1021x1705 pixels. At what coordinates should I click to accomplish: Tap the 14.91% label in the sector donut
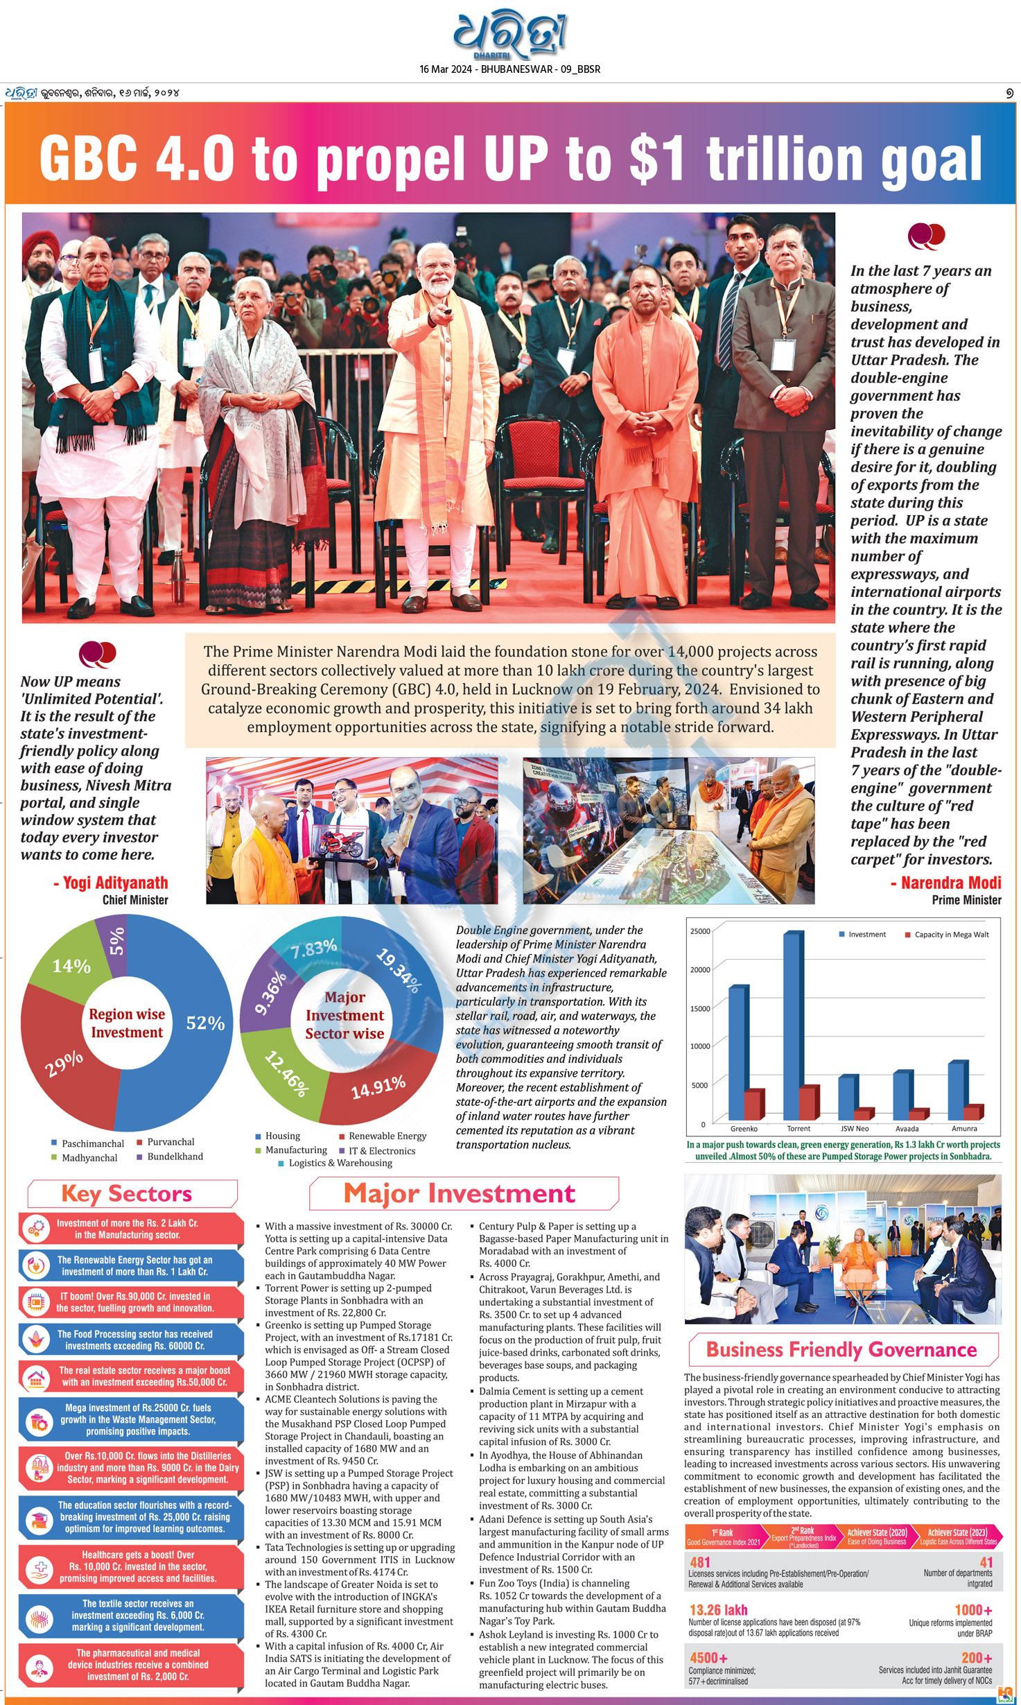(x=378, y=1087)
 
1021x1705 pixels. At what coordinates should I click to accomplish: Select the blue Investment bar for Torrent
(x=794, y=1026)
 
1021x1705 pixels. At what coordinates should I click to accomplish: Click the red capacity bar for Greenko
(x=754, y=1105)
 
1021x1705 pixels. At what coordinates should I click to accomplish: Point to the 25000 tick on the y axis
(x=700, y=931)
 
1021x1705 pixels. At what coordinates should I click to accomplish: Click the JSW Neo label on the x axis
(x=854, y=1129)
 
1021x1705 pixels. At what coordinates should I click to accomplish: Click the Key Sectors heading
(x=126, y=1193)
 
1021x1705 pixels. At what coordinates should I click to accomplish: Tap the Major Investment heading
(x=459, y=1193)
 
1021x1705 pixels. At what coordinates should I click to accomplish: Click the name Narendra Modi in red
(x=951, y=883)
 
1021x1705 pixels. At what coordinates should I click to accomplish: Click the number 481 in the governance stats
(x=700, y=1562)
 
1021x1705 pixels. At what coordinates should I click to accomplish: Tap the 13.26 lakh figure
(x=718, y=1610)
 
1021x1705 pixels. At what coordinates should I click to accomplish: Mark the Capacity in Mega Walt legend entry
(x=946, y=935)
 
